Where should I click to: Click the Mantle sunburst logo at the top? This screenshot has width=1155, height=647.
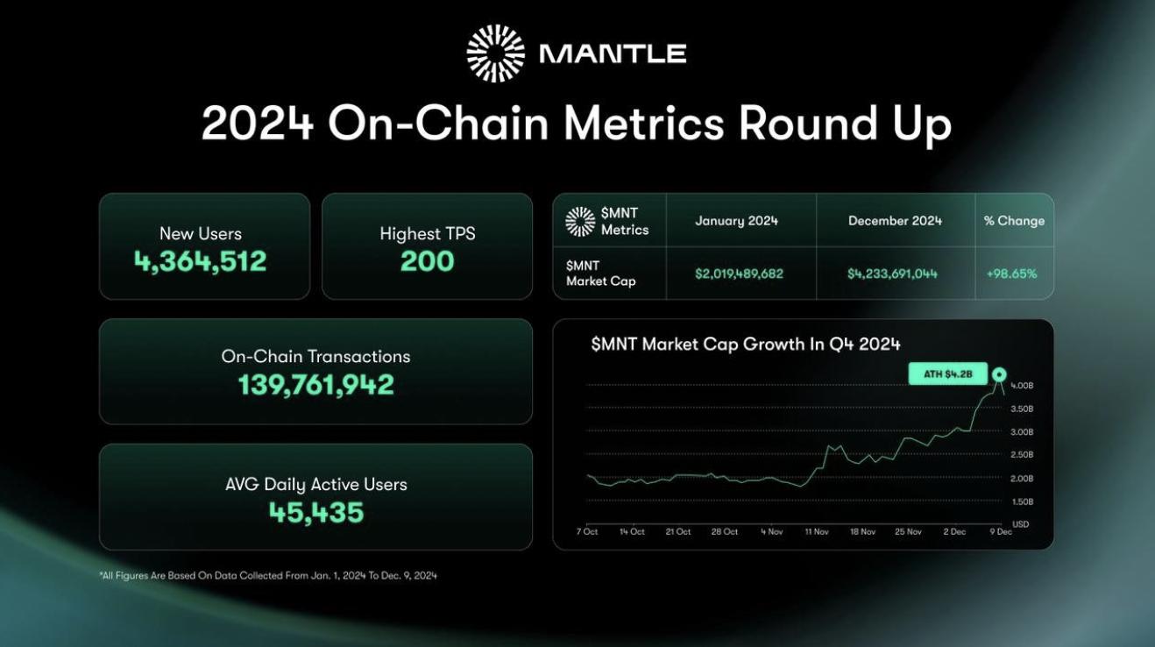pyautogui.click(x=495, y=53)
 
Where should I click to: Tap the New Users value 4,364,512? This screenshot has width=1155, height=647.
pyautogui.click(x=200, y=261)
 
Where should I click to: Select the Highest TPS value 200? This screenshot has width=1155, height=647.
pyautogui.click(x=427, y=261)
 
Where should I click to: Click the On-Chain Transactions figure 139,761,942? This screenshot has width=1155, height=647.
pyautogui.click(x=315, y=385)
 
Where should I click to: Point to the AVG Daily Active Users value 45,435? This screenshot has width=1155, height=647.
pyautogui.click(x=315, y=512)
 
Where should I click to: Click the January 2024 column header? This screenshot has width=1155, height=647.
pyautogui.click(x=736, y=221)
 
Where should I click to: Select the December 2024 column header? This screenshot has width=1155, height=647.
pyautogui.click(x=895, y=221)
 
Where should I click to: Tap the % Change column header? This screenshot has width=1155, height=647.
pyautogui.click(x=1014, y=221)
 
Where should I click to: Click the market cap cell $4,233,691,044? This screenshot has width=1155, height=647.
pyautogui.click(x=892, y=274)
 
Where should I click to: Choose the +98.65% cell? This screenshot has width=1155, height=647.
pyautogui.click(x=1011, y=274)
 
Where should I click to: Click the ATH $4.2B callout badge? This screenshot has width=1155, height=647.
pyautogui.click(x=948, y=375)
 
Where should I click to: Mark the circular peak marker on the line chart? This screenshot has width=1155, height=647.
pyautogui.click(x=999, y=375)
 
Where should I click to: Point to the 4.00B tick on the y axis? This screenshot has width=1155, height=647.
pyautogui.click(x=1022, y=386)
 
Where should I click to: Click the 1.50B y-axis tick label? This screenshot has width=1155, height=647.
pyautogui.click(x=1022, y=501)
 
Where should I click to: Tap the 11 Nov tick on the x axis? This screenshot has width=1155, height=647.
pyautogui.click(x=816, y=531)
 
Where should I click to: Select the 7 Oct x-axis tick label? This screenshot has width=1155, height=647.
pyautogui.click(x=587, y=531)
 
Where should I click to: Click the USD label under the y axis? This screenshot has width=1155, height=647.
pyautogui.click(x=1021, y=524)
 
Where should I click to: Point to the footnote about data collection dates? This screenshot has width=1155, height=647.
pyautogui.click(x=268, y=575)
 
